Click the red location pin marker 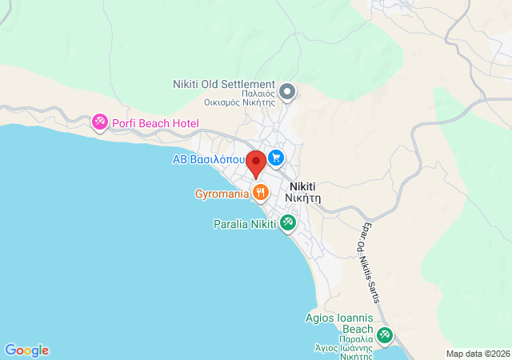(256, 163)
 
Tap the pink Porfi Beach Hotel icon (99, 122)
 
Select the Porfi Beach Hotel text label (154, 123)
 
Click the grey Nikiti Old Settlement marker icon (288, 92)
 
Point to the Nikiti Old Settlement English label (224, 84)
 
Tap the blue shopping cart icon (276, 157)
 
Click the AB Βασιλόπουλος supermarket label (210, 159)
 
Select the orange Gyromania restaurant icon (260, 192)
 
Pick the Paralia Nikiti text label (244, 224)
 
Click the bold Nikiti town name (305, 185)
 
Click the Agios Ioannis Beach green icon (386, 334)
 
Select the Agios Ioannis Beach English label (340, 323)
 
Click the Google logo (26, 350)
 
